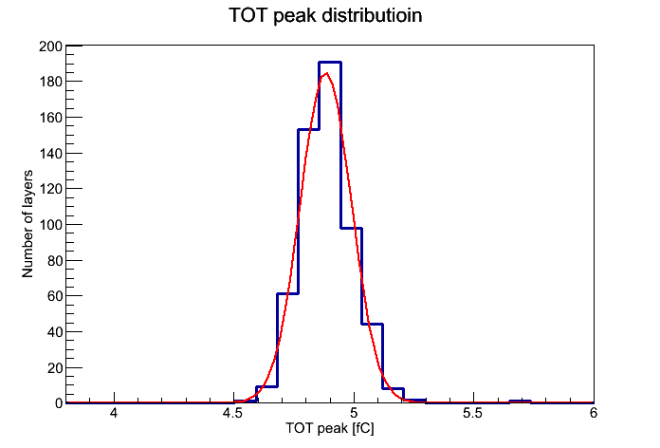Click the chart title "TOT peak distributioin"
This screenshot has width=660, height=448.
[x=325, y=15]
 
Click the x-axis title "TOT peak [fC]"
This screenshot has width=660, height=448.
[x=330, y=428]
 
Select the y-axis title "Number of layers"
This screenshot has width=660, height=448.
[x=27, y=224]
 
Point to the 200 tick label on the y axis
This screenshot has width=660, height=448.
[x=50, y=46]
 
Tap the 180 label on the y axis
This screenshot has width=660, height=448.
[x=50, y=82]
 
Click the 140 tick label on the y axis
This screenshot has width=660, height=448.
[x=50, y=153]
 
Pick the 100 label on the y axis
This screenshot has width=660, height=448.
[x=50, y=225]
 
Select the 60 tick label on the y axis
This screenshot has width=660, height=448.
[x=55, y=296]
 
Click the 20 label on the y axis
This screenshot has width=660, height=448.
[x=55, y=368]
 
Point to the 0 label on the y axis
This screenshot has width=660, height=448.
[x=59, y=403]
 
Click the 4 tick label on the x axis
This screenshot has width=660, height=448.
[x=114, y=413]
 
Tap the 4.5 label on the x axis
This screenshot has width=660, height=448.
[x=232, y=413]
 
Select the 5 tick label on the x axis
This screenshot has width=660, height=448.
[x=354, y=413]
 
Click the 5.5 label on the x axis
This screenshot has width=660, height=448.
[x=472, y=413]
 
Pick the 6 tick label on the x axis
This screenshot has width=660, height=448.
[x=594, y=413]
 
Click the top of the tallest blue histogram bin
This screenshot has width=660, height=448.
[x=330, y=63]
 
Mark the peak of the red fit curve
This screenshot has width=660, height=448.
[x=326, y=74]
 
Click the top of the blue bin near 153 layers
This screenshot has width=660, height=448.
[x=308, y=129]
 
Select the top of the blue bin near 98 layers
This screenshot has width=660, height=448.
[x=352, y=228]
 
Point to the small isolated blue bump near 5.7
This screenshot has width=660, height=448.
[x=520, y=401]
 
